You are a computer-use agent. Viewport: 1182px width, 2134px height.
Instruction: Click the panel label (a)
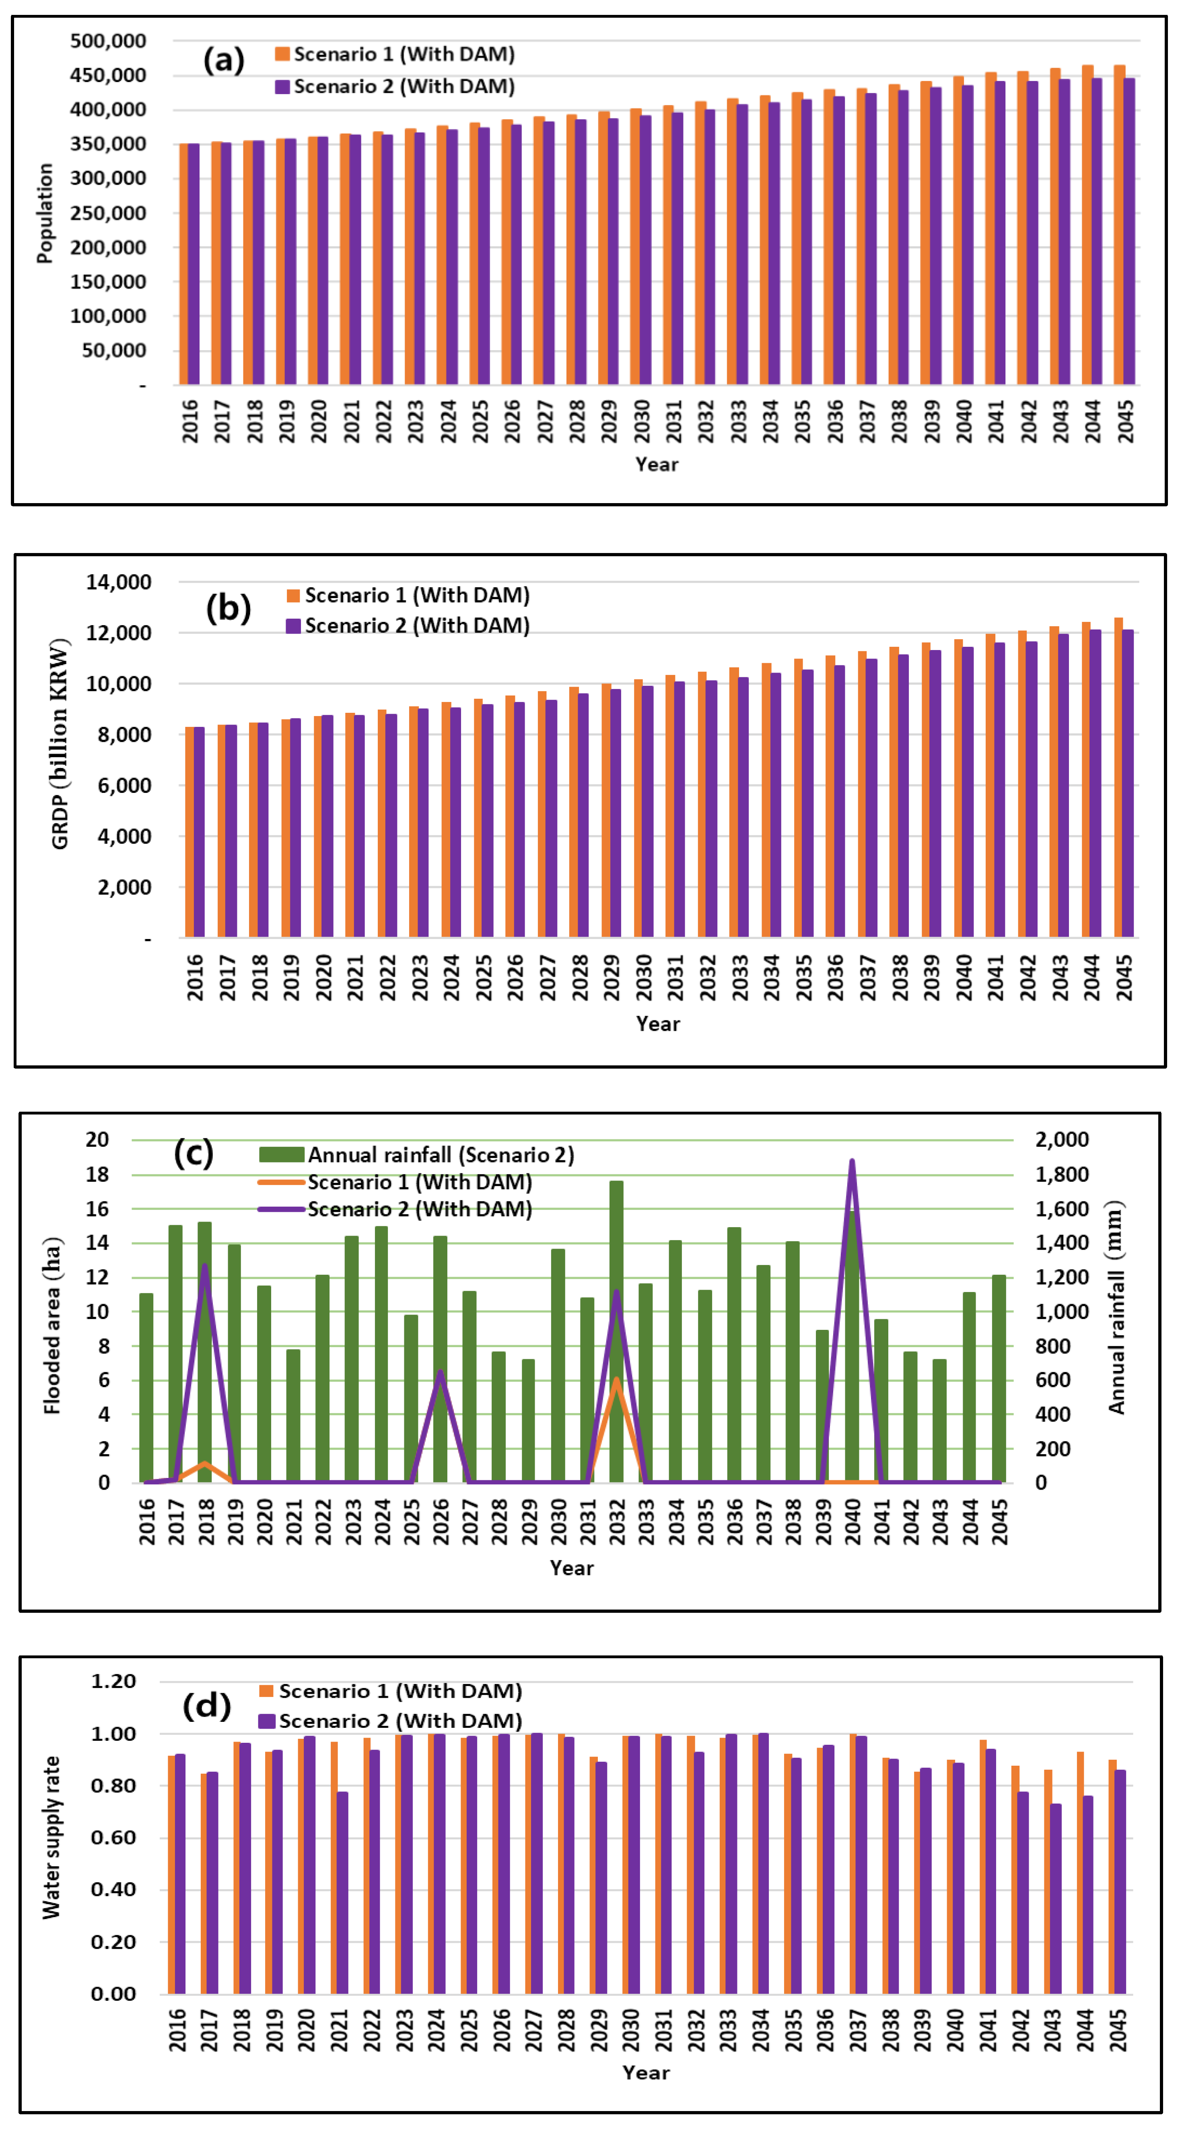tap(224, 60)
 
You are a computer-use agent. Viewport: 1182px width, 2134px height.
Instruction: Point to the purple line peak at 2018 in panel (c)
tap(205, 1265)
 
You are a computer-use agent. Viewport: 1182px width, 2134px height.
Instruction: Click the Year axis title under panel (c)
tap(572, 1567)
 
